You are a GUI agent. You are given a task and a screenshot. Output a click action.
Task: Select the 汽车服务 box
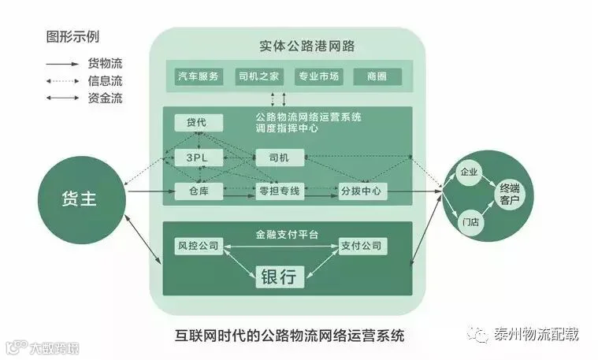pos(199,76)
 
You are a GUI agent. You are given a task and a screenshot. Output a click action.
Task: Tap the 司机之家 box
pos(259,76)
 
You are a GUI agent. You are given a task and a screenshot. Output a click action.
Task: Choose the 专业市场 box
pos(319,76)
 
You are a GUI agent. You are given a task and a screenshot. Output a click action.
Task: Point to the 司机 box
pos(279,158)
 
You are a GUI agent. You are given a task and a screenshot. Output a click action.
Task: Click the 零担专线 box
pos(279,191)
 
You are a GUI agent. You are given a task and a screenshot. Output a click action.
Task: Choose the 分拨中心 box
pos(361,191)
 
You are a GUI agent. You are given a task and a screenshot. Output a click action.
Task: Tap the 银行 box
pos(279,276)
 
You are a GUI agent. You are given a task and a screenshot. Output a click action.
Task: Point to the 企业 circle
pos(470,173)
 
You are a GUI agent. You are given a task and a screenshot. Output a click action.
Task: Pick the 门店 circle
pos(471,223)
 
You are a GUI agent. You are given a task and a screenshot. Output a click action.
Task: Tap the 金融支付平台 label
pos(284,234)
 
